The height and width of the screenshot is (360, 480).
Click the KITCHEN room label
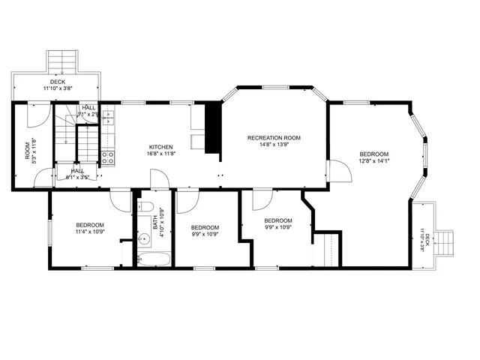(161, 146)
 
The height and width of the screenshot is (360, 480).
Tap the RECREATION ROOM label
(274, 137)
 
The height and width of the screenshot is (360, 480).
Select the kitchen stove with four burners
(107, 157)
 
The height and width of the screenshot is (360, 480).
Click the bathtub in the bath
(154, 259)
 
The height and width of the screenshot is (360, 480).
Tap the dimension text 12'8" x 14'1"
(373, 160)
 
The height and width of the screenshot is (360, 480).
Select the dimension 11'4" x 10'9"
(90, 232)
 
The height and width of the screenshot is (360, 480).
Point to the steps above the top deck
(62, 60)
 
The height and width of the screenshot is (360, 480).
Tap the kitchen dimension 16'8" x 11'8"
(161, 154)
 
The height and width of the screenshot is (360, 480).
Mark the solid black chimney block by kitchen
(213, 127)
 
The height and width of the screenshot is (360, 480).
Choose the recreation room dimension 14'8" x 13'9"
(274, 145)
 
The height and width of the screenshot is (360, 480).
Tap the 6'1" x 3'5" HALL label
(79, 173)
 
